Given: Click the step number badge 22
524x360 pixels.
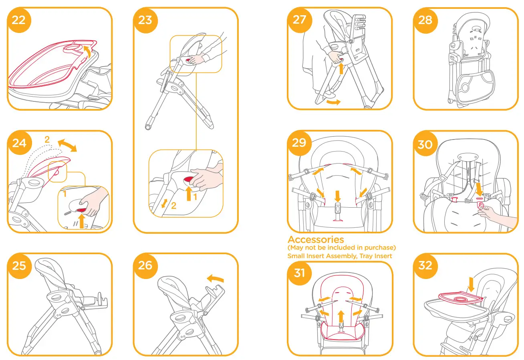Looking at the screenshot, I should (19, 19).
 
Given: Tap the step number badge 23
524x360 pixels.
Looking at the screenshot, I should (145, 19).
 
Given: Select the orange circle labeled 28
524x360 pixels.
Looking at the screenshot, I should (425, 19).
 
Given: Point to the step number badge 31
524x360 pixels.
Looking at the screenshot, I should (299, 273).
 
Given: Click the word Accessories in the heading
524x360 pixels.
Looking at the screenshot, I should (316, 240).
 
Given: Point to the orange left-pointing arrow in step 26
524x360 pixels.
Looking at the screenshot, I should (216, 278).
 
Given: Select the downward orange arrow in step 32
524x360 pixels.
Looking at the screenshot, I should (471, 285).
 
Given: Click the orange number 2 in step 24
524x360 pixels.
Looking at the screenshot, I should (47, 140).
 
